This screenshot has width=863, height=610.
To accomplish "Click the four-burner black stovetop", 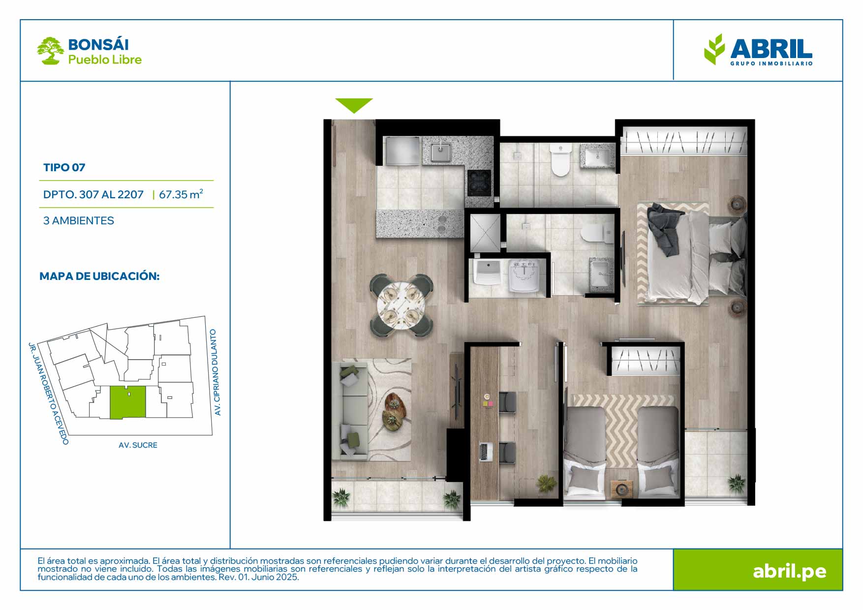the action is tap(479, 183).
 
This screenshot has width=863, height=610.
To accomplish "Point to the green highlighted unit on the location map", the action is tap(127, 402).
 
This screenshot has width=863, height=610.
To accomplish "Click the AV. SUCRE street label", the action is tap(138, 445).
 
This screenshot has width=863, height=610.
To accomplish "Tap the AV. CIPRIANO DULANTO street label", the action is tap(216, 372).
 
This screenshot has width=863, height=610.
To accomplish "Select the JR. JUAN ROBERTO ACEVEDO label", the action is tap(48, 394).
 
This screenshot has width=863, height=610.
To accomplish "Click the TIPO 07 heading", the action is tap(64, 167).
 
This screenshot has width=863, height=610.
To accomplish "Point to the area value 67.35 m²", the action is tap(181, 194).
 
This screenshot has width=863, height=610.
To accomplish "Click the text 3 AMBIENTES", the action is tap(78, 220).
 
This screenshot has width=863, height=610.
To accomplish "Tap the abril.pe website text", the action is tap(789, 571).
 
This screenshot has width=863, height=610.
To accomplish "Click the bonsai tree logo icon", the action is tap(50, 51).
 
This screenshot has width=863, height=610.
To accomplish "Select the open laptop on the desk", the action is tap(486, 452).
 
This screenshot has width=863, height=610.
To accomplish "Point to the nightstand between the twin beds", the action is tap(621, 489).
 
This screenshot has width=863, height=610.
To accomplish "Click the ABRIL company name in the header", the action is tap(771, 48).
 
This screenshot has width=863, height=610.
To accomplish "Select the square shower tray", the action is tap(485, 233).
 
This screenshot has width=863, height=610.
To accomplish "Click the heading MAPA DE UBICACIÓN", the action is tap(99, 276).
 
